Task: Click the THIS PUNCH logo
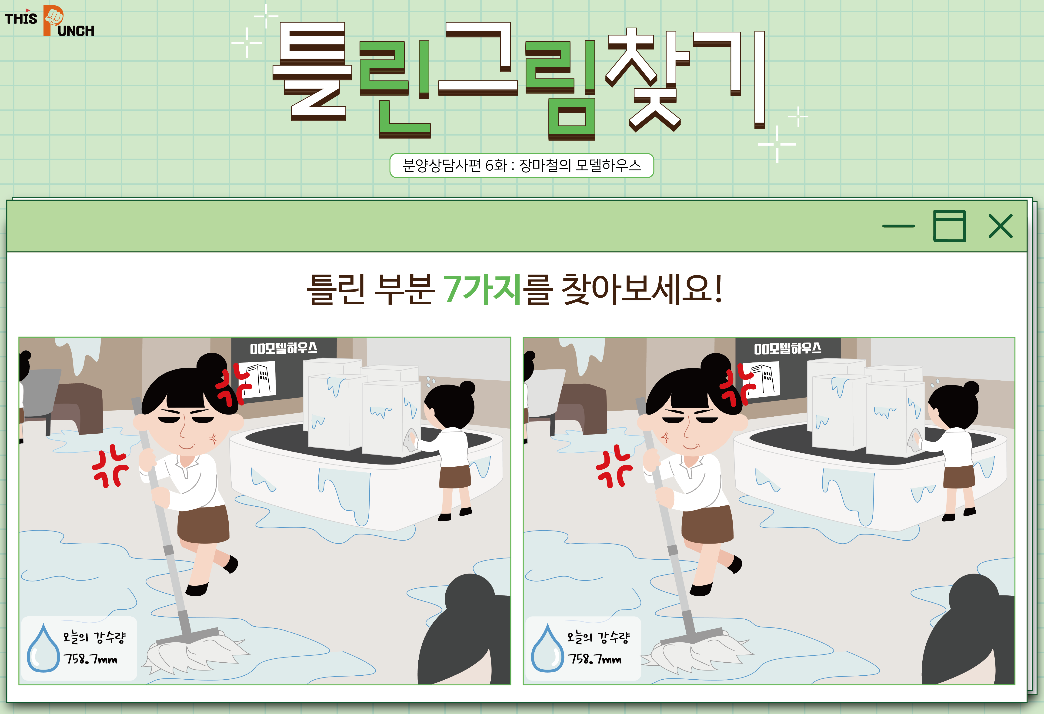pyautogui.click(x=49, y=21)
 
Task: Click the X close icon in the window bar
pyautogui.click(x=1001, y=226)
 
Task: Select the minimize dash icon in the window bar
pyautogui.click(x=898, y=226)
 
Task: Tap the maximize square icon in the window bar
pyautogui.click(x=949, y=226)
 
